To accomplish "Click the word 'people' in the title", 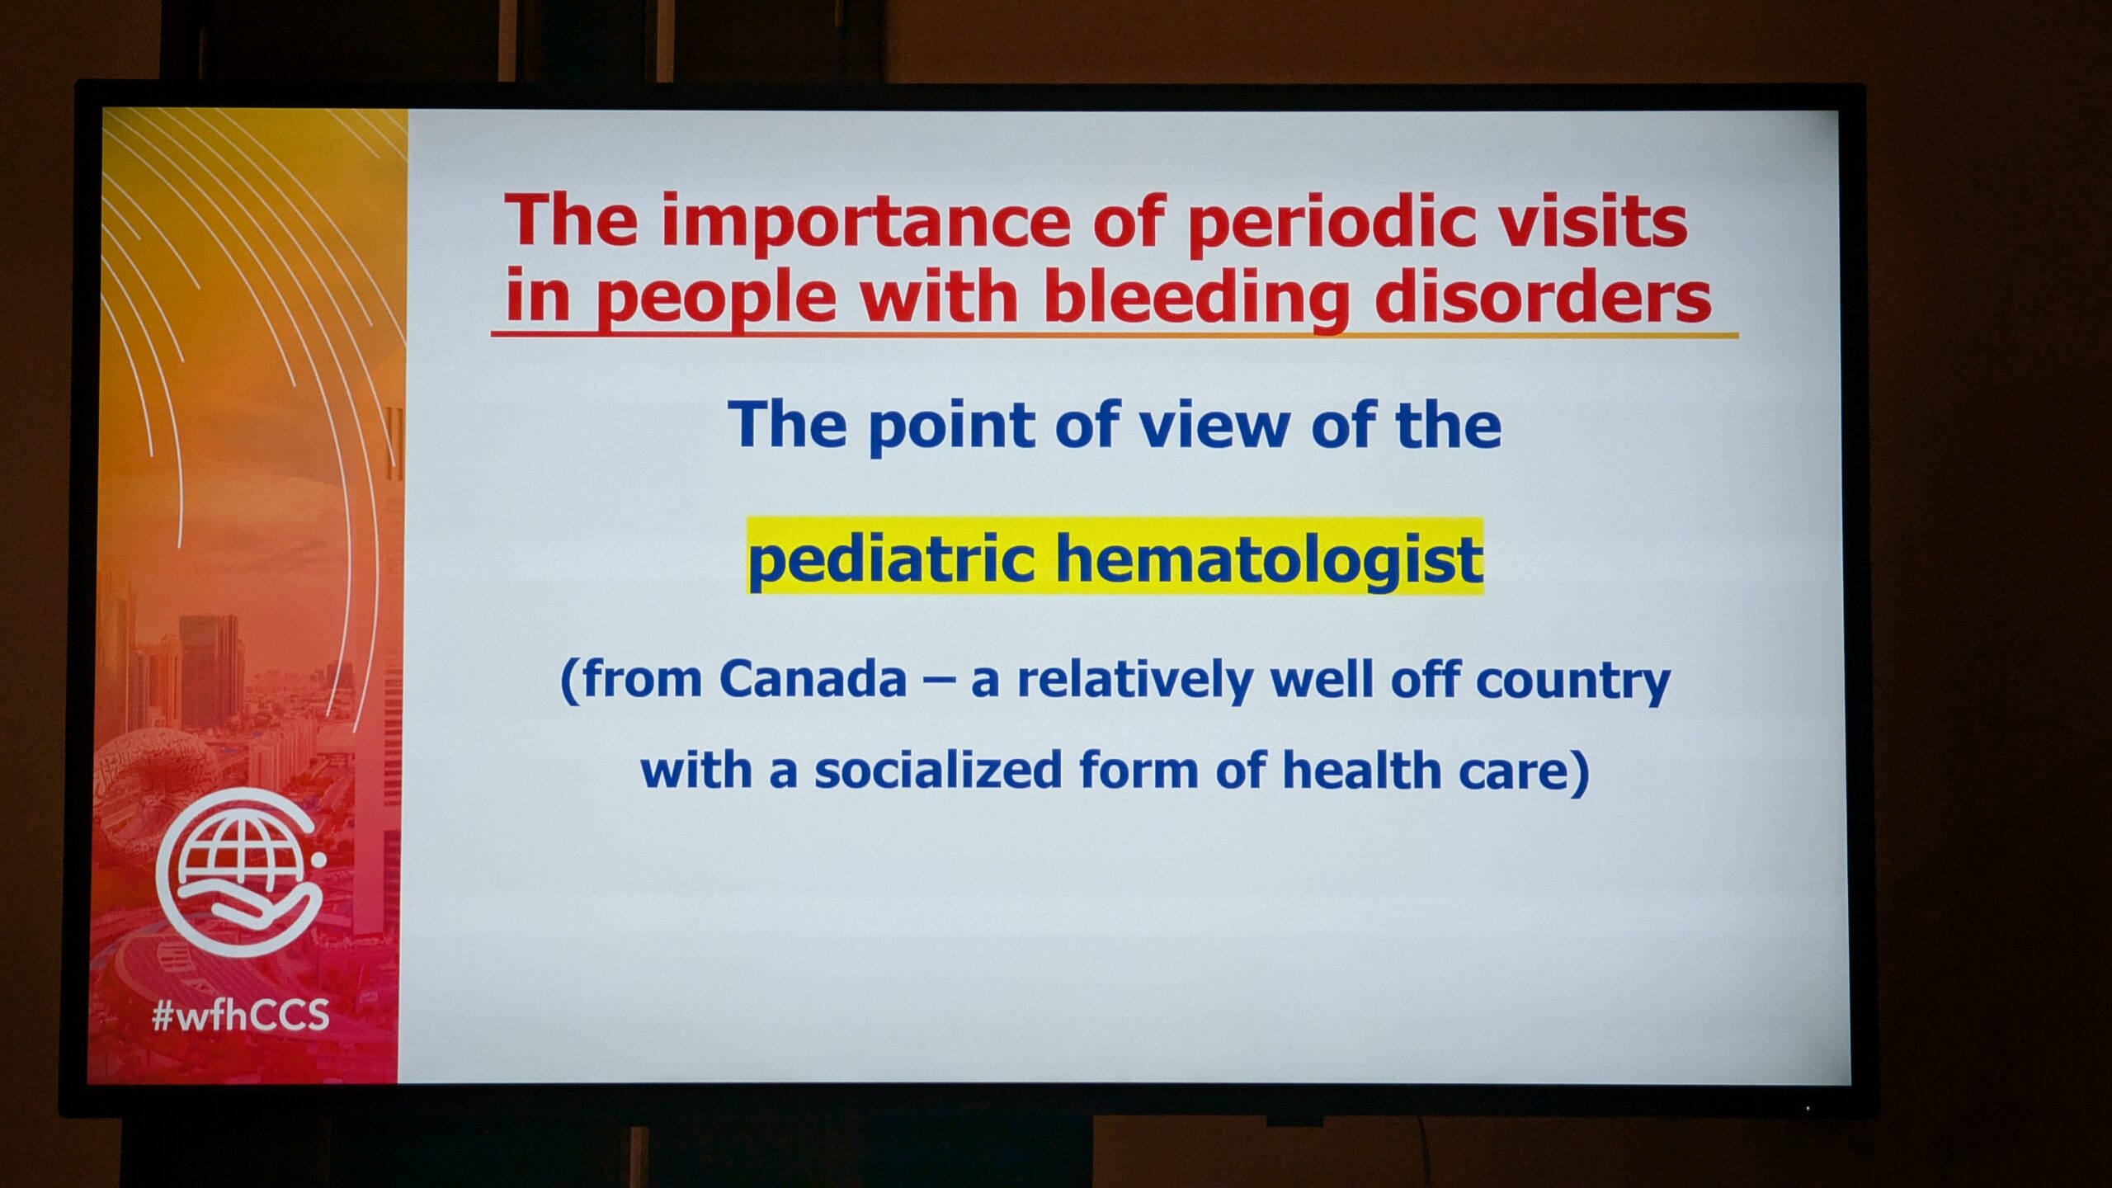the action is [716, 299].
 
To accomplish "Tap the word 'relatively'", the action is [1134, 681].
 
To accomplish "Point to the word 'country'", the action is [1572, 683].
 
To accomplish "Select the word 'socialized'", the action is [938, 770].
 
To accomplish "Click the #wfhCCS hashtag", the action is [241, 1014].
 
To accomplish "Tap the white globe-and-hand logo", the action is [239, 872].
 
